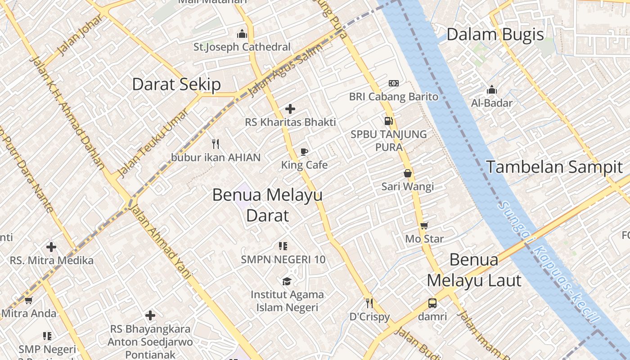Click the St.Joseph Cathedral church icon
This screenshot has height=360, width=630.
(x=242, y=34)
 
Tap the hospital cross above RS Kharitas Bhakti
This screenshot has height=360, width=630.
(x=290, y=108)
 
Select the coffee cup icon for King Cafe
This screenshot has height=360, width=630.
(x=304, y=152)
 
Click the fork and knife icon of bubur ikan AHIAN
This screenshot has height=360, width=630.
(x=216, y=144)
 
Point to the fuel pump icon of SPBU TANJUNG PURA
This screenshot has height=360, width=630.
(x=388, y=121)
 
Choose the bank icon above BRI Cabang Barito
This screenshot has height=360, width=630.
(x=394, y=83)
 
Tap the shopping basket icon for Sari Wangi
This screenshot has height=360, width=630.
(x=408, y=173)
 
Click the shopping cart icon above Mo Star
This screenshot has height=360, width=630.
(x=424, y=225)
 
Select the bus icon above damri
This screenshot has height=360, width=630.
(x=432, y=303)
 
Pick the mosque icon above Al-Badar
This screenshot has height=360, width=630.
(x=492, y=90)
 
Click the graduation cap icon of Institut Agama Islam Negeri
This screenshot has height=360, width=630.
(x=287, y=282)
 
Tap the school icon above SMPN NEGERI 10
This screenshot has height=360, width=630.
(x=283, y=246)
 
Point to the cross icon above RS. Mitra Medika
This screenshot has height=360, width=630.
(x=51, y=247)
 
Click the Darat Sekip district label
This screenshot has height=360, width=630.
(x=176, y=85)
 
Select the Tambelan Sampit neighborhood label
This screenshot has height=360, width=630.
(x=554, y=167)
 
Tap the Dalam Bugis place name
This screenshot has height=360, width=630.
(x=495, y=35)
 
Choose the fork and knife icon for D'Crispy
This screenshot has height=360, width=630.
(x=369, y=303)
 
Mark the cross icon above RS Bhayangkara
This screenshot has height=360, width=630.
(x=150, y=315)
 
